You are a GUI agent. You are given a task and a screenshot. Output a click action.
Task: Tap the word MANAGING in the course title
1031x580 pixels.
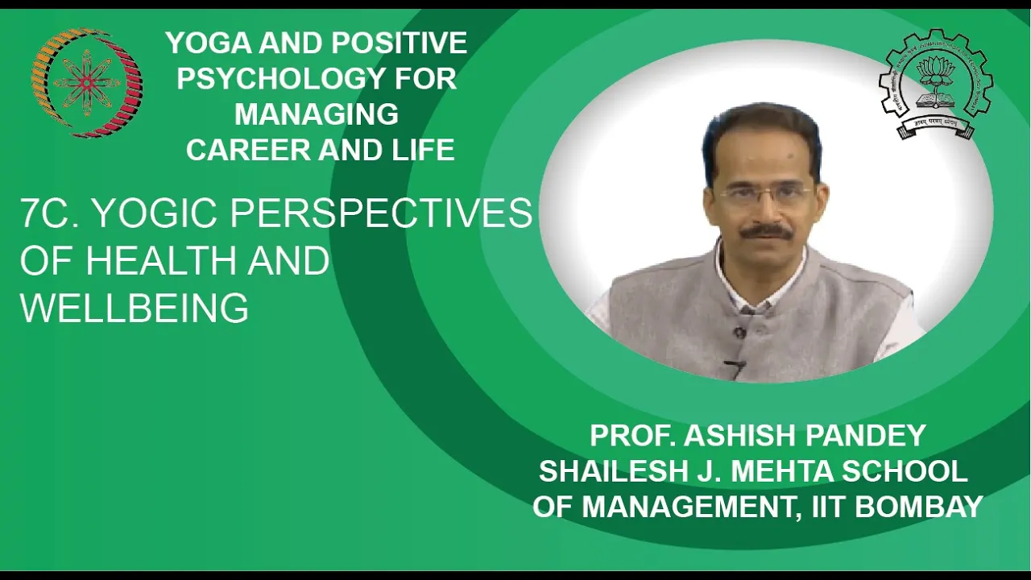317,114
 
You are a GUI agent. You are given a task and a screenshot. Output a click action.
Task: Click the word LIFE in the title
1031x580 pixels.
424,150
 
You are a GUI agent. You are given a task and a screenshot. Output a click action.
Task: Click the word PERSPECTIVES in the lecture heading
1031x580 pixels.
381,213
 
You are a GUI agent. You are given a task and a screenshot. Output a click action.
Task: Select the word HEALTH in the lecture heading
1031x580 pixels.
161,260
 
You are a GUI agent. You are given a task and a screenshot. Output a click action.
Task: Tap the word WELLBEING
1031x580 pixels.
135,307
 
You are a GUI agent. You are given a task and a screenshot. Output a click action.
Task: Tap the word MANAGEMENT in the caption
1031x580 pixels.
691,507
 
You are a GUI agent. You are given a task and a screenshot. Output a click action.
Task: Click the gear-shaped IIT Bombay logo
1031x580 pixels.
936,85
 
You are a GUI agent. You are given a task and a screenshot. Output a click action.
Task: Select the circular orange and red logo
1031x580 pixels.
87,83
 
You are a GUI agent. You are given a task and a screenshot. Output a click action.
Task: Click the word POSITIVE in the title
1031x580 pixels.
399,43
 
